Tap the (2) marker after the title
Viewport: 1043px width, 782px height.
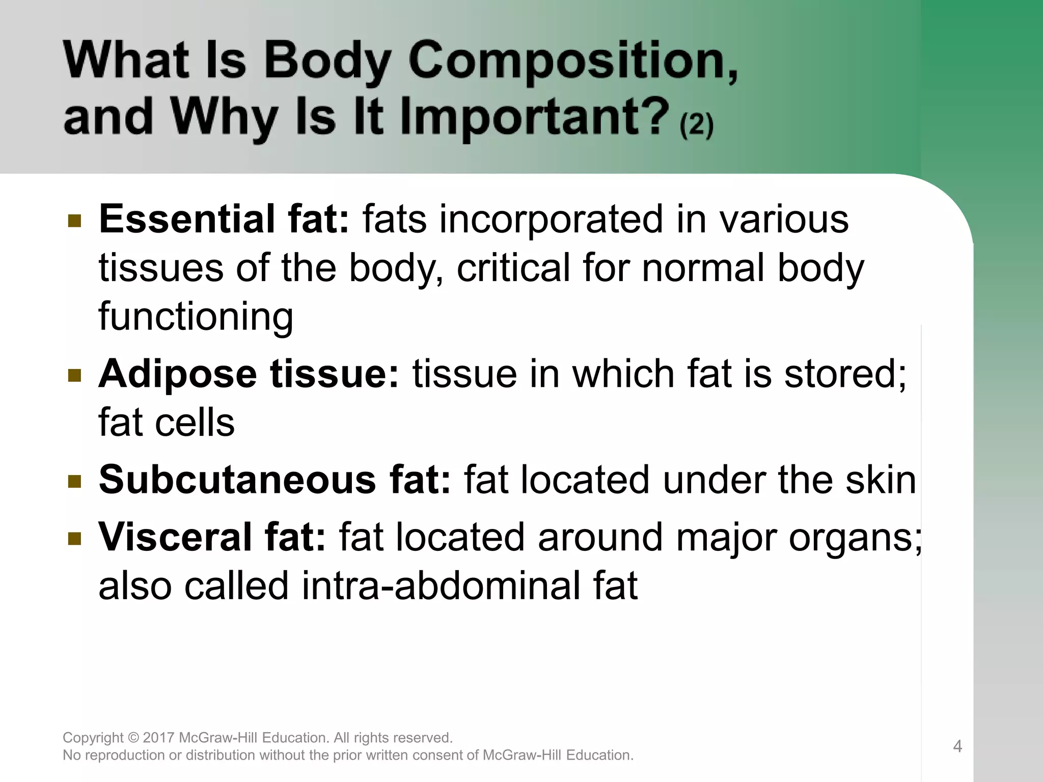[x=696, y=124]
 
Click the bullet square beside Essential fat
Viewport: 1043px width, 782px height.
[x=74, y=221]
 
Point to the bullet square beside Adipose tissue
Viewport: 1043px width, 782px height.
[x=74, y=376]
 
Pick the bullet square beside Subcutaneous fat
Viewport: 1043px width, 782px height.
[x=74, y=481]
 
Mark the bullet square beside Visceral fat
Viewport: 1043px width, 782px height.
[x=74, y=539]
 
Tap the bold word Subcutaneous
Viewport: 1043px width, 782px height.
[x=237, y=480]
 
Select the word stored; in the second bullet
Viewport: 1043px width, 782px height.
[x=845, y=375]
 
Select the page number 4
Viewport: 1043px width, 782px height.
[x=957, y=746]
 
